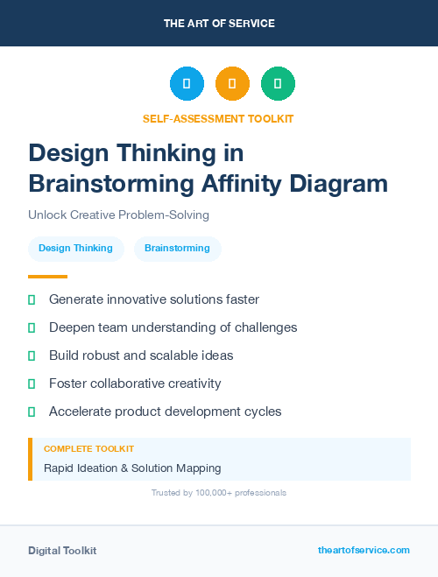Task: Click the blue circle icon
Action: tap(187, 83)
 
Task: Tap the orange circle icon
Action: tap(232, 83)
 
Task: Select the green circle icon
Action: tap(278, 83)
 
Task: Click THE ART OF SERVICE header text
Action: tap(219, 24)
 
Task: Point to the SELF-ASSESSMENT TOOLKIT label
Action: tap(218, 118)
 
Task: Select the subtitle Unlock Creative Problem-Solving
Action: tap(118, 215)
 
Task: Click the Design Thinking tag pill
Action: tap(75, 248)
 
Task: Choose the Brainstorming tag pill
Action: tap(177, 248)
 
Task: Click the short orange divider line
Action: tap(42, 277)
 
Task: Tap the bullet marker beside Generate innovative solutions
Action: tap(32, 299)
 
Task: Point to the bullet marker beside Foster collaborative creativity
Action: tap(32, 383)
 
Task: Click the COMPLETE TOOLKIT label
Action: tap(88, 449)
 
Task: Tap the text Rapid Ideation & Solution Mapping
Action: tap(132, 468)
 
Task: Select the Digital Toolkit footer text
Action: tap(62, 550)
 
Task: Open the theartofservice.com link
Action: tap(364, 550)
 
